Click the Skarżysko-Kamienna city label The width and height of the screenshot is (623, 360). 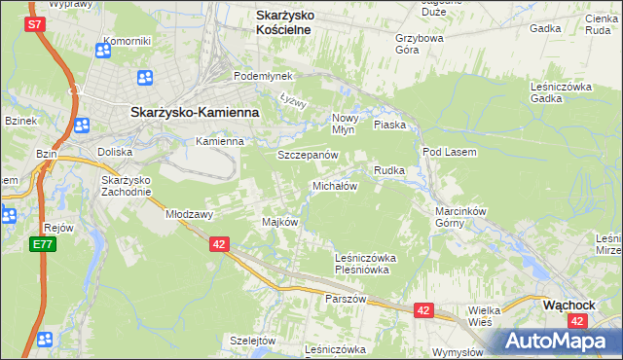(195, 112)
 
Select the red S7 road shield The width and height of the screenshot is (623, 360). (34, 23)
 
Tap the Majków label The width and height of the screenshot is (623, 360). (279, 222)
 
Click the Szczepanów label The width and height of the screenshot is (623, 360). (308, 155)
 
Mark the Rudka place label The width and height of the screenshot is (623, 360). (389, 170)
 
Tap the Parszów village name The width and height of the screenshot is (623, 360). (346, 299)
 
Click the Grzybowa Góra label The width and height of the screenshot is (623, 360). (420, 45)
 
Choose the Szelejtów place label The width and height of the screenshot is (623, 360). (253, 341)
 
